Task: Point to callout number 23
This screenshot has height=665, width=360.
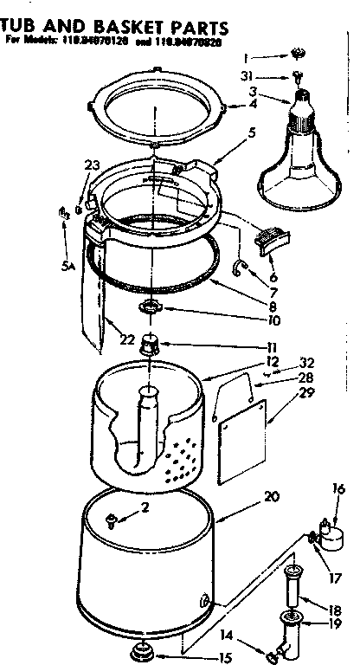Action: (x=93, y=165)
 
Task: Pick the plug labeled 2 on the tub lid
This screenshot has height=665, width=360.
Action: (x=111, y=520)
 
